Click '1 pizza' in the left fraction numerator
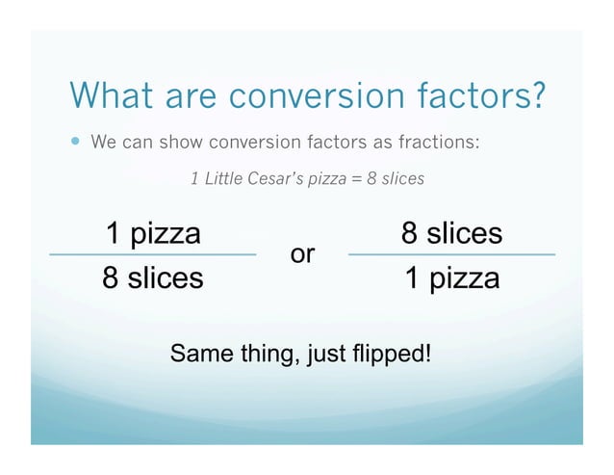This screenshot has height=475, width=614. coord(153,234)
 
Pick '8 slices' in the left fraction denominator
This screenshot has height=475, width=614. coord(153,278)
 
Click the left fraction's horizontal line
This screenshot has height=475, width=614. coord(153,255)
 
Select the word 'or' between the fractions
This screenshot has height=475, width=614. coord(302,254)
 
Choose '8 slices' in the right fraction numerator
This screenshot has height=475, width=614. coord(451,234)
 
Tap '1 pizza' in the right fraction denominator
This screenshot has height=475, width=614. coord(451,278)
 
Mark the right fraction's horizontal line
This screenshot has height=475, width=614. coord(451,255)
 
